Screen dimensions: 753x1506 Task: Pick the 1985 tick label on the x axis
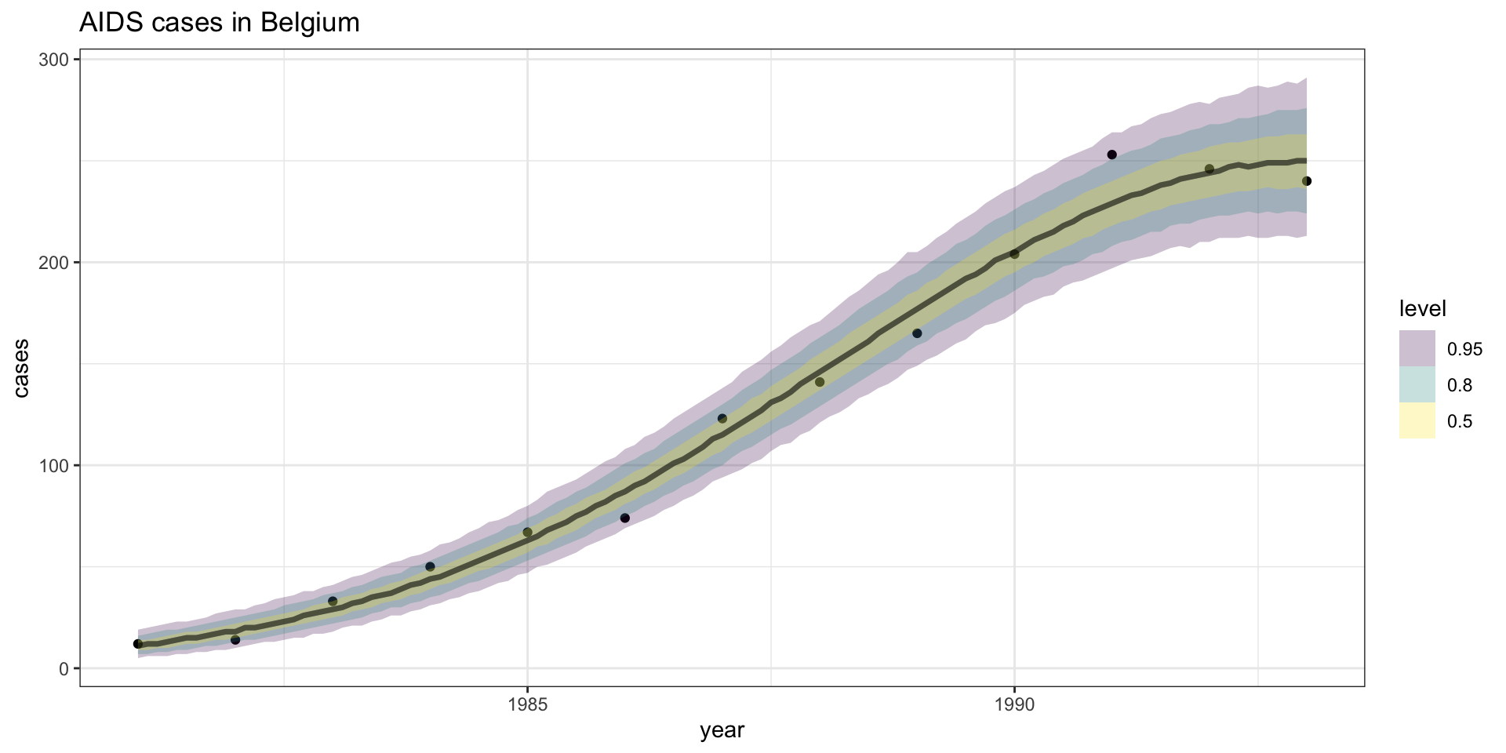point(527,705)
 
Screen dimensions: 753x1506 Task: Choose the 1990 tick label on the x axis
point(1014,705)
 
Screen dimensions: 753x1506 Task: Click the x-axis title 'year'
point(722,731)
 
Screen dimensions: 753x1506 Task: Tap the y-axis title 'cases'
point(21,368)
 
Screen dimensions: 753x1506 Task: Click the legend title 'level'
point(1422,309)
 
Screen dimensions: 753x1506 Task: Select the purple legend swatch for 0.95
point(1417,348)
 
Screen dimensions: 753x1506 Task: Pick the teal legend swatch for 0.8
point(1417,385)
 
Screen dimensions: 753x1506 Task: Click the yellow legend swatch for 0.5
point(1417,421)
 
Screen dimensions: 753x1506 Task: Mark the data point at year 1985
point(527,532)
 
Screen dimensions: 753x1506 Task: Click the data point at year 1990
point(1014,253)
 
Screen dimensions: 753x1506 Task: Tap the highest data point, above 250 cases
point(1111,155)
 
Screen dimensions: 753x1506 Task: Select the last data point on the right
point(1307,181)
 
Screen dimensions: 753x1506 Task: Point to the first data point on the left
point(138,643)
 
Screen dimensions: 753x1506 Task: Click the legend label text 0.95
point(1464,349)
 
